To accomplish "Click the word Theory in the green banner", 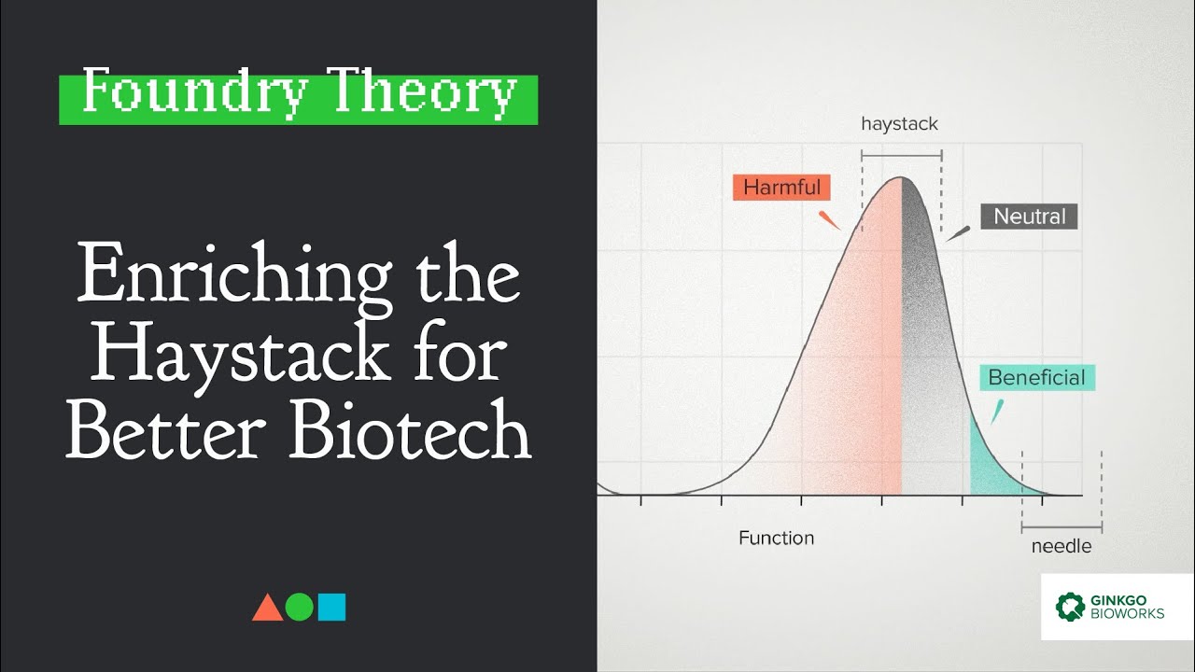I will tap(424, 92).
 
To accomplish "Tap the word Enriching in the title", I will tap(233, 278).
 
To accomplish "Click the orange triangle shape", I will tap(267, 608).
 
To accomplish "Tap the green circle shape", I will tap(300, 608).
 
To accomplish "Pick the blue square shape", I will tap(331, 608).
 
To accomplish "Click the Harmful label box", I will tap(781, 188).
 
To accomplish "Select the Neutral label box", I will tap(1029, 217).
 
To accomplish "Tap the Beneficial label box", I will tap(1036, 378).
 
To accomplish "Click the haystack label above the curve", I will tap(899, 123).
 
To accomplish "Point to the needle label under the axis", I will tap(1061, 547).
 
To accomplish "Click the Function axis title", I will tap(776, 539).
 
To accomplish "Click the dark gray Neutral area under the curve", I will tap(929, 373).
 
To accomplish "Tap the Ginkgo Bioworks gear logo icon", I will tap(1071, 607).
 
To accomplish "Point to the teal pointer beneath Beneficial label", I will tap(996, 412).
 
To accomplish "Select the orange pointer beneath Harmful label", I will tap(828, 220).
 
